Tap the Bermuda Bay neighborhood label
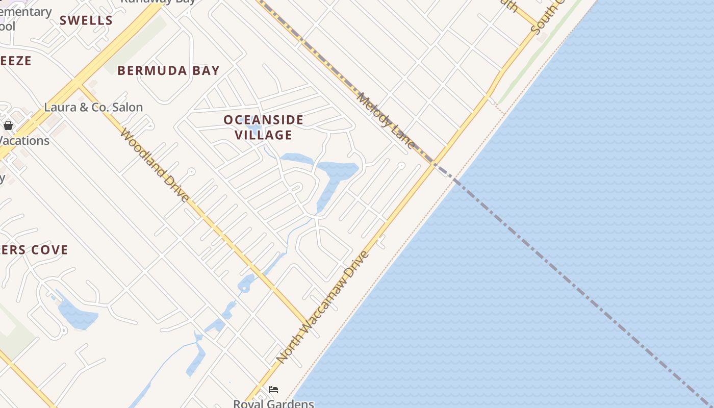click(168, 70)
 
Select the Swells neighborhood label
click(86, 20)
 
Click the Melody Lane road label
click(386, 120)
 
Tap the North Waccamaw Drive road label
click(322, 307)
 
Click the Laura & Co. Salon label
click(93, 107)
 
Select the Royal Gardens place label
click(273, 403)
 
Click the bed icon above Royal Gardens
click(273, 390)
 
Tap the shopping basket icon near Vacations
click(8, 125)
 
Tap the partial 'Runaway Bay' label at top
click(158, 2)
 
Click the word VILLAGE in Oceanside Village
click(264, 135)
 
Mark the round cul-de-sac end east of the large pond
click(401, 166)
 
